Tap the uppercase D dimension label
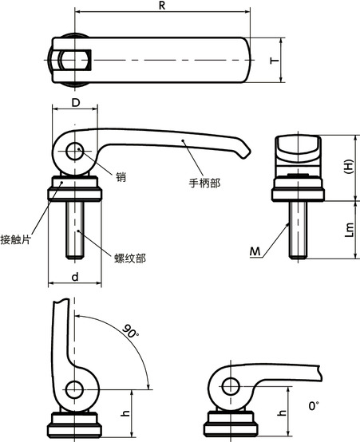75,103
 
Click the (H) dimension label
347,167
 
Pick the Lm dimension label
348,229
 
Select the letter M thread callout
256,252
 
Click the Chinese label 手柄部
204,182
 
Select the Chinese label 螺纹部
130,258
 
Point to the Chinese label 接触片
16,238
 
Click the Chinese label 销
121,177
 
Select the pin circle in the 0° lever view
231,385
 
